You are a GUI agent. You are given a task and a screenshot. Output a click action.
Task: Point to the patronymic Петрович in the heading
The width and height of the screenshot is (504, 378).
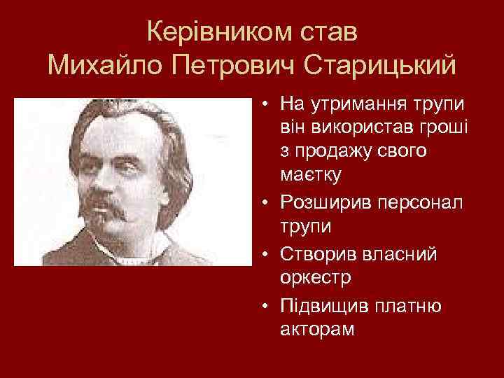232,66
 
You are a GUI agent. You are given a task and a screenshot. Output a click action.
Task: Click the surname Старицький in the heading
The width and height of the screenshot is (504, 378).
382,66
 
